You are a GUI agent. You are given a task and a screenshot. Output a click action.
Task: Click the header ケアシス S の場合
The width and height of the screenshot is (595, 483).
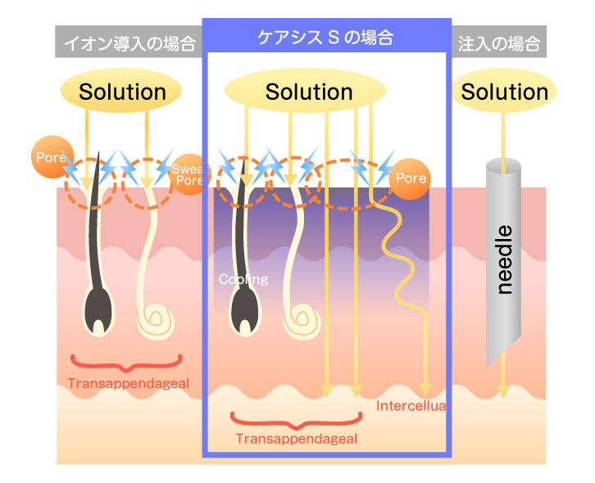pos(325,37)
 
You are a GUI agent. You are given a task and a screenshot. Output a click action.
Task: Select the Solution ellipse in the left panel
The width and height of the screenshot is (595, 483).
pos(122,92)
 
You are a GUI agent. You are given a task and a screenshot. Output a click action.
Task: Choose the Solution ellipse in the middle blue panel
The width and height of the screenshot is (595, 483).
pos(309,92)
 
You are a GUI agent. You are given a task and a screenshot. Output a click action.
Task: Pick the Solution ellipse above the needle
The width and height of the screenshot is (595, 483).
pos(504,92)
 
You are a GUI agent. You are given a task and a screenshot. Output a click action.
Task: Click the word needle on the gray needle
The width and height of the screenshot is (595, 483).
pos(505,259)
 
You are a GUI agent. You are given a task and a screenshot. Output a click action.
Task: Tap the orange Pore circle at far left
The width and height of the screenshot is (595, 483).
pos(48,156)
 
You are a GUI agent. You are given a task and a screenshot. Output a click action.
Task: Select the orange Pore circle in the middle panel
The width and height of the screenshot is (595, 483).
pos(411,178)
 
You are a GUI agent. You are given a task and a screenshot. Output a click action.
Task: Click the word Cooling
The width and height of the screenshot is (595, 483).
pos(243,279)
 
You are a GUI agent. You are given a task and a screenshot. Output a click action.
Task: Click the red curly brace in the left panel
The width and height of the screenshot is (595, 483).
pos(125,362)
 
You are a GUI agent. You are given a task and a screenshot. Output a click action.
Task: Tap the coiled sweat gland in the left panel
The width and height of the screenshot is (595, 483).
pos(156,319)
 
